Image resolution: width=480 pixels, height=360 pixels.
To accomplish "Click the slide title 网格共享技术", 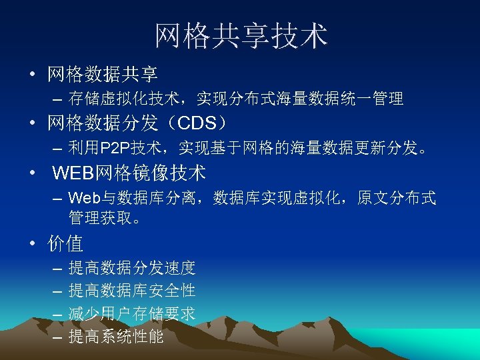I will coord(241,36).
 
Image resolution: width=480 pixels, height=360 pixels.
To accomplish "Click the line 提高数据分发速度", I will coord(131,269).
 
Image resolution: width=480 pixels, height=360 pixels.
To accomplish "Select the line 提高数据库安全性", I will coord(131,291).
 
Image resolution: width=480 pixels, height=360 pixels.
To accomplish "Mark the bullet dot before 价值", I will coord(32,244).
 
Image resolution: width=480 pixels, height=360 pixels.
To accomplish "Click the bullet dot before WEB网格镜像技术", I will coord(32,174).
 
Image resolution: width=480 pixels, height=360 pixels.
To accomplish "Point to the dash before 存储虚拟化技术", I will coord(56,100).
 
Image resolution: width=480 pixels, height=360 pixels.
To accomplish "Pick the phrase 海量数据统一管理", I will coord(339,99).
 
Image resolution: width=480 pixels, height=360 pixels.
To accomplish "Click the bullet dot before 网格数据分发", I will coord(32,124).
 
